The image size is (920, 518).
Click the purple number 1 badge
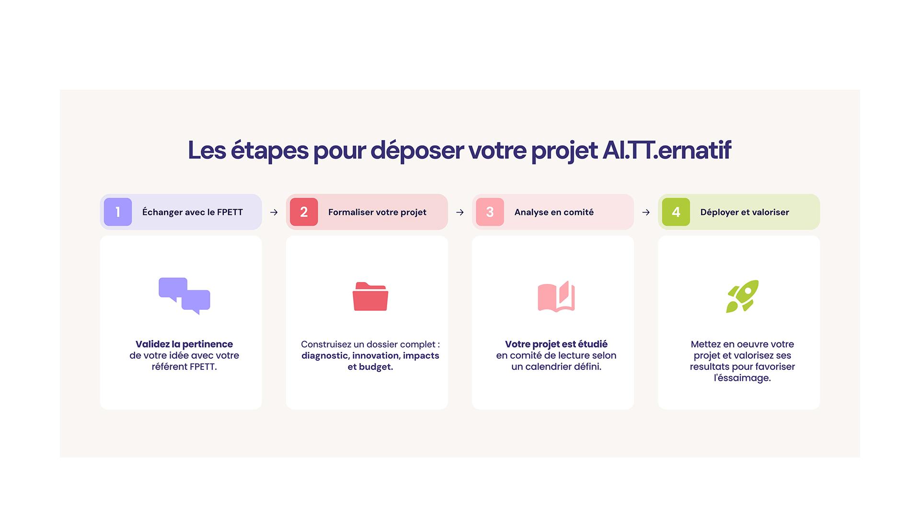pyautogui.click(x=118, y=212)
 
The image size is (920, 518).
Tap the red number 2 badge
pyautogui.click(x=304, y=212)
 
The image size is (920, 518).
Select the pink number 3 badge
pyautogui.click(x=490, y=212)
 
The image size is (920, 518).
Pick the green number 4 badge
pyautogui.click(x=676, y=212)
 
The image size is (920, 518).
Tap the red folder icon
pyautogui.click(x=370, y=296)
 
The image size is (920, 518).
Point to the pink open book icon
pyautogui.click(x=556, y=296)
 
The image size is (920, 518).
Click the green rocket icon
pyautogui.click(x=742, y=296)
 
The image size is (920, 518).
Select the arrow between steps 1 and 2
pyautogui.click(x=274, y=212)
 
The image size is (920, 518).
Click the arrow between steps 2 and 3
pyautogui.click(x=460, y=212)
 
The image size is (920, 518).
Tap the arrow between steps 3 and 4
pyautogui.click(x=645, y=212)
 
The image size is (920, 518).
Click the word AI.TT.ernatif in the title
pyautogui.click(x=667, y=150)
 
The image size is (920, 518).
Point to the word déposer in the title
pyautogui.click(x=417, y=151)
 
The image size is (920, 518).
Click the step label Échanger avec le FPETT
pyautogui.click(x=193, y=212)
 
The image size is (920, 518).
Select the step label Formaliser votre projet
pyautogui.click(x=377, y=212)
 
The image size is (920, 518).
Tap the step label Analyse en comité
pyautogui.click(x=554, y=212)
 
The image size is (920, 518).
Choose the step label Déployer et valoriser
pyautogui.click(x=745, y=212)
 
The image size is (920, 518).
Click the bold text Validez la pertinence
pyautogui.click(x=184, y=344)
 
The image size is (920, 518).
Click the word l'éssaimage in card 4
pyautogui.click(x=742, y=378)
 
